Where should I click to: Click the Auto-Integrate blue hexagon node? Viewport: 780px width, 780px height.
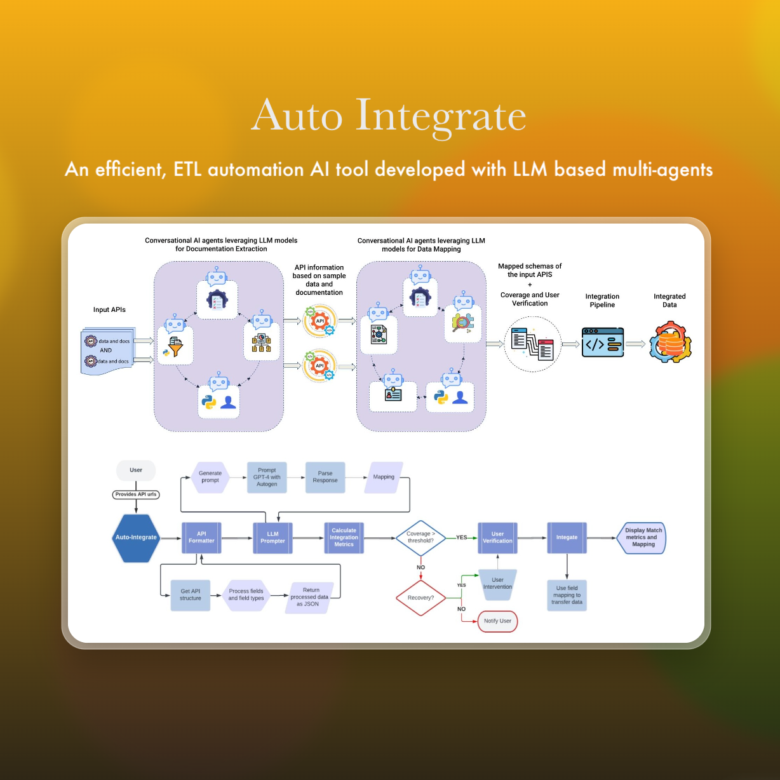click(x=136, y=537)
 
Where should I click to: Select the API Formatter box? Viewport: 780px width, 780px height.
click(x=201, y=537)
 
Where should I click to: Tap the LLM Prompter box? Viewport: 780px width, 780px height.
click(x=272, y=537)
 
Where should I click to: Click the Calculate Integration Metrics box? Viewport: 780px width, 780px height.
click(x=344, y=537)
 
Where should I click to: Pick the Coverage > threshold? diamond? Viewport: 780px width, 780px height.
click(x=420, y=537)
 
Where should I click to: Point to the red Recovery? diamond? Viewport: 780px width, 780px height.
click(x=420, y=598)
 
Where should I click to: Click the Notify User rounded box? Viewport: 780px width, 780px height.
click(x=497, y=621)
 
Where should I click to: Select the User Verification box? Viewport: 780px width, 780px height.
click(x=497, y=537)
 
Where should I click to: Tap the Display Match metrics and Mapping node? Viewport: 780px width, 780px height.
click(x=642, y=537)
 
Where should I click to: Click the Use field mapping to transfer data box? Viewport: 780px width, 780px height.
click(x=567, y=595)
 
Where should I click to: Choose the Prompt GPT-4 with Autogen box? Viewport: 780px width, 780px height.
click(x=267, y=477)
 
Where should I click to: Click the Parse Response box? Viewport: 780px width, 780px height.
click(x=325, y=477)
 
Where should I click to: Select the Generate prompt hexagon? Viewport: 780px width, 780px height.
click(x=210, y=477)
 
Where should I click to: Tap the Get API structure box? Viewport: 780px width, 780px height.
click(x=190, y=595)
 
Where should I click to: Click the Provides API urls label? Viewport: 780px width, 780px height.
click(x=136, y=494)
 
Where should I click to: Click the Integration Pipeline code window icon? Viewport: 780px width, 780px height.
click(x=602, y=343)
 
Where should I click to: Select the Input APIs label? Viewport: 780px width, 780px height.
click(x=109, y=310)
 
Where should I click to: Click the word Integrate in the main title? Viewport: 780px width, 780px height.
click(x=441, y=116)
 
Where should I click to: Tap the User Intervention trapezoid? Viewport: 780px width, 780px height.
click(x=497, y=583)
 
